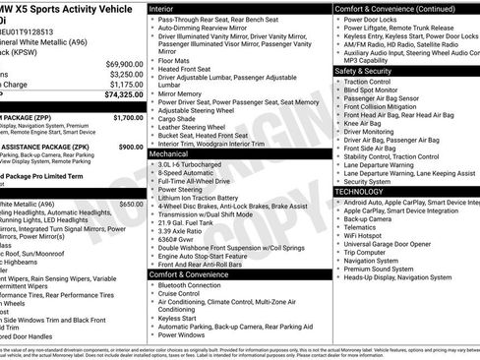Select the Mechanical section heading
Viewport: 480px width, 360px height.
coord(172,154)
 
